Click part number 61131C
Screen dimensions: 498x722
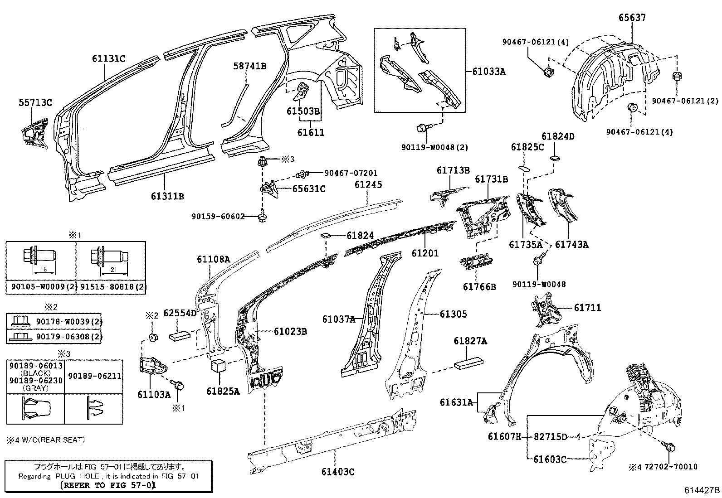point(108,58)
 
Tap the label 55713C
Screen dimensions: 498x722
point(35,102)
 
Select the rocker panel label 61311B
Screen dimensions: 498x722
point(167,196)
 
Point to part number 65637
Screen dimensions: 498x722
point(632,18)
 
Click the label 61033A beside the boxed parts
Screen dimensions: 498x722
point(488,71)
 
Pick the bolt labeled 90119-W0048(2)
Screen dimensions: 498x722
point(420,129)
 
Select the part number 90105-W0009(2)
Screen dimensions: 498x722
point(40,287)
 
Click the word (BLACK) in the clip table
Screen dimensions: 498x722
point(35,373)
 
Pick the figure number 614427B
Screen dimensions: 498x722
point(702,490)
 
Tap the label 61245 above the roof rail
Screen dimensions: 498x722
point(368,184)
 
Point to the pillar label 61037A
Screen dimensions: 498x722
point(338,319)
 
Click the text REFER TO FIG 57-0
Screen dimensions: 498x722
point(108,485)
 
